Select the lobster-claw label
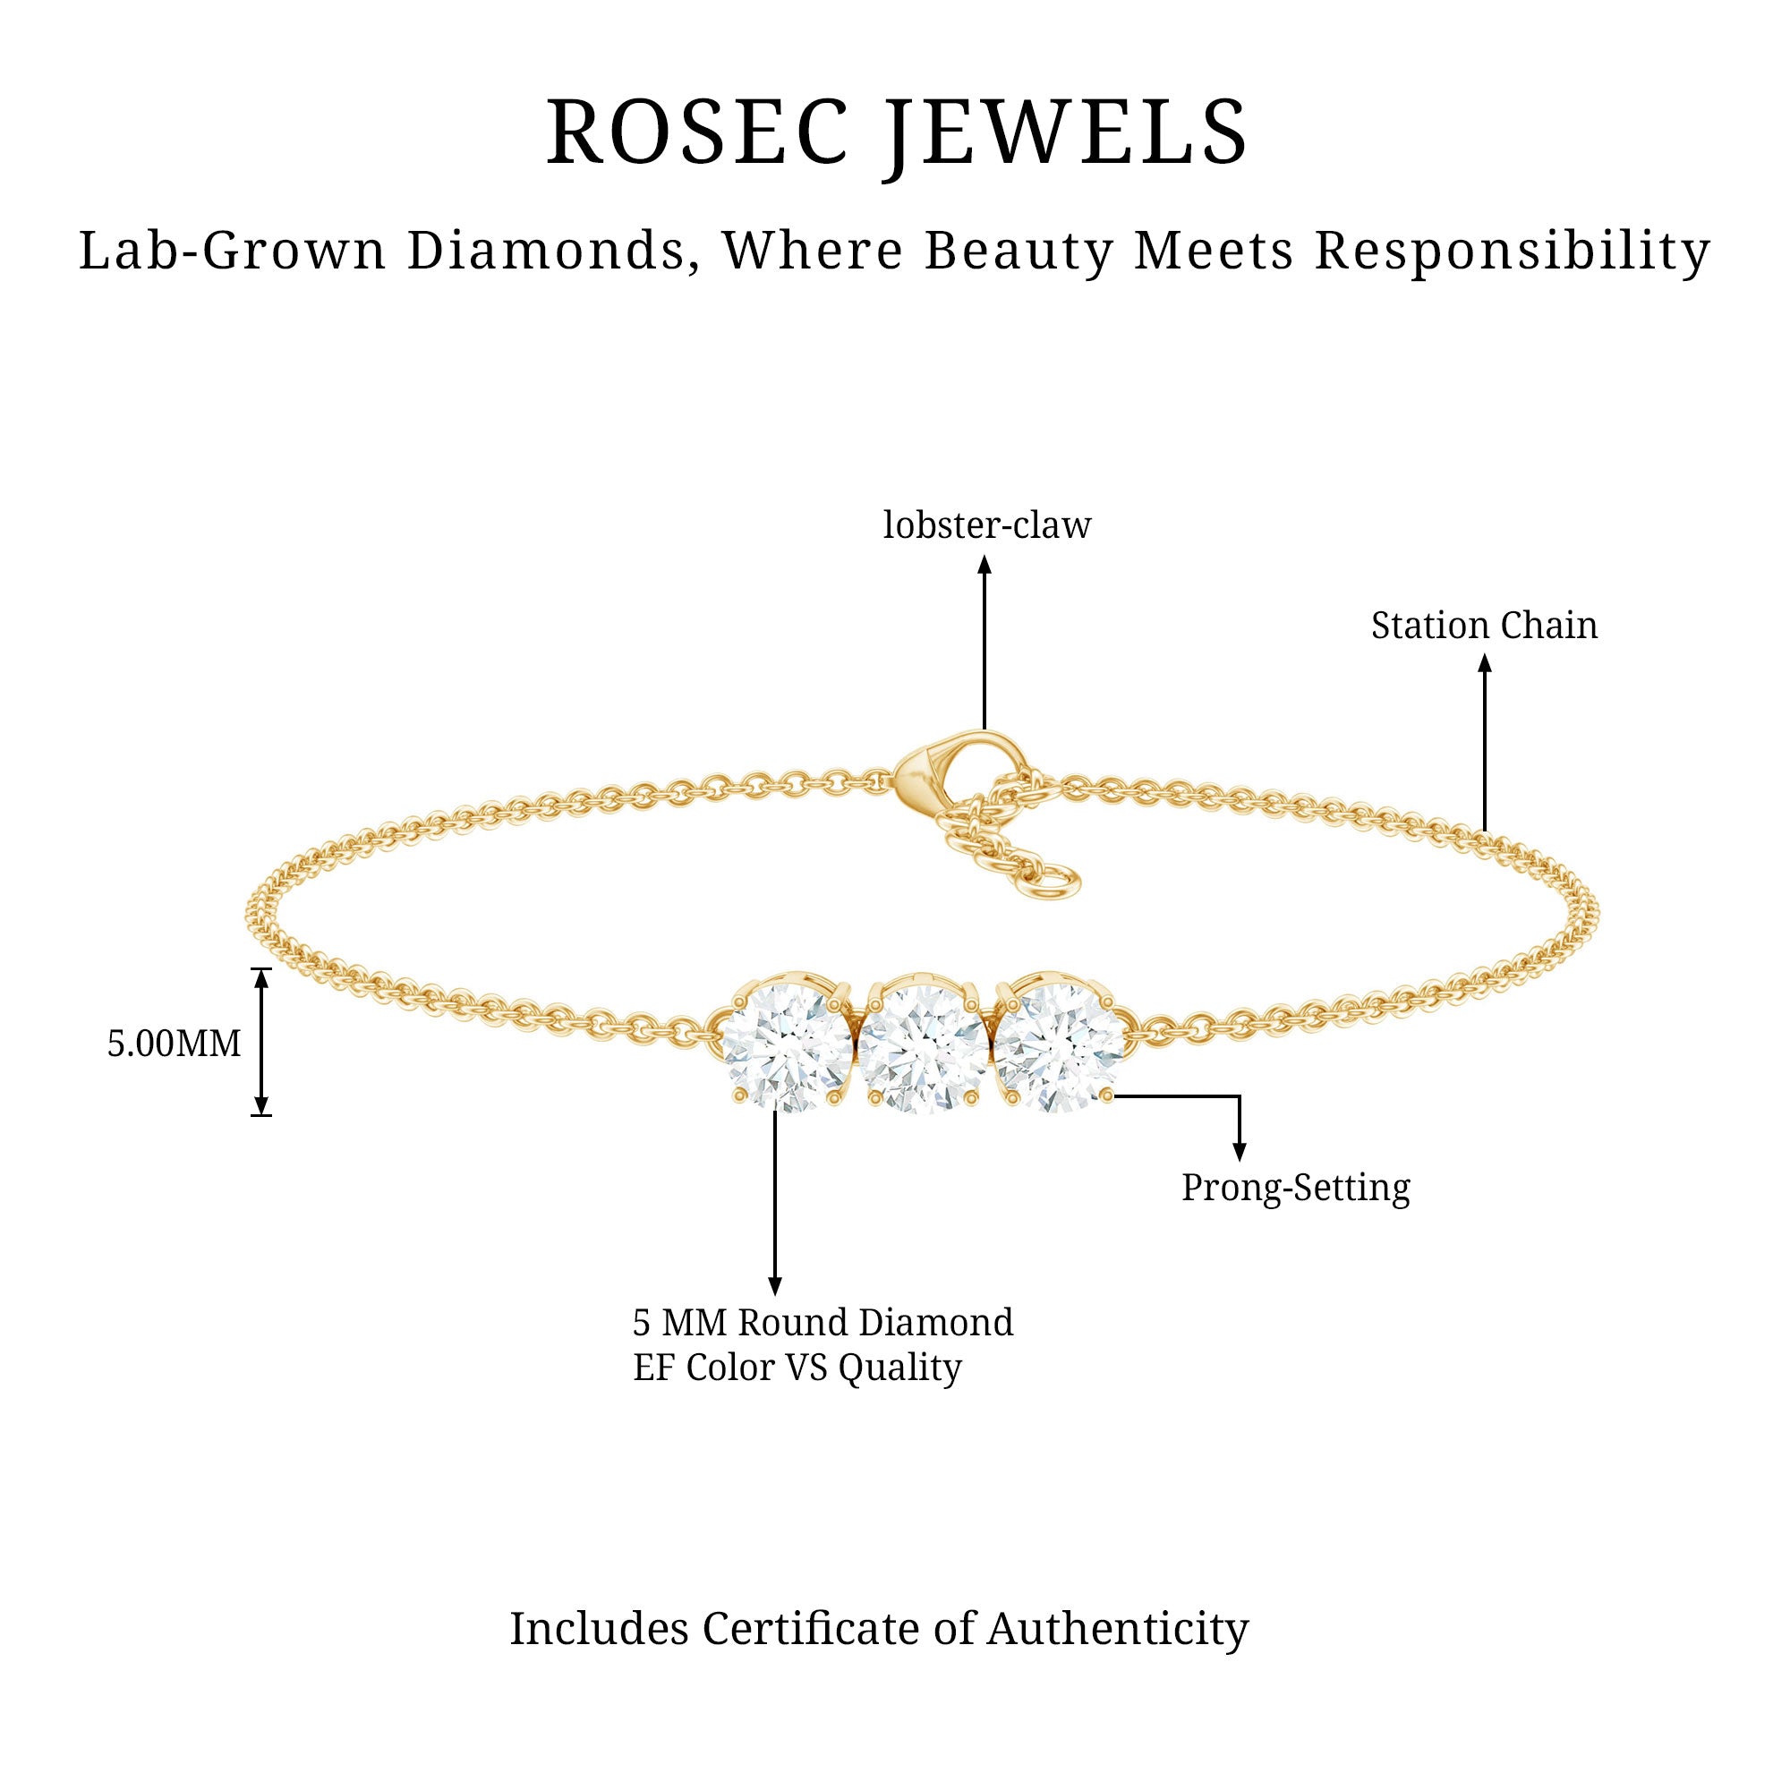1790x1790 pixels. pyautogui.click(x=985, y=525)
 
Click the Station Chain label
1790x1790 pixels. pyautogui.click(x=1484, y=626)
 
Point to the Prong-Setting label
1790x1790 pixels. pyautogui.click(x=1295, y=1187)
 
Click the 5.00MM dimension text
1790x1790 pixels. pyautogui.click(x=175, y=1044)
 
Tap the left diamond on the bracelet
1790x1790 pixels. pyautogui.click(x=786, y=1048)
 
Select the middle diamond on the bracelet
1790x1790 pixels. pyautogui.click(x=923, y=1048)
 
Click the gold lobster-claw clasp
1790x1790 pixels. pyautogui.click(x=936, y=771)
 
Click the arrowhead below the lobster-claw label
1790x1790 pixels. pyautogui.click(x=984, y=564)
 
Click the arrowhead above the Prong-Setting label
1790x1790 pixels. pyautogui.click(x=1239, y=1152)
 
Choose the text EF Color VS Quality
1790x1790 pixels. pyautogui.click(x=797, y=1368)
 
